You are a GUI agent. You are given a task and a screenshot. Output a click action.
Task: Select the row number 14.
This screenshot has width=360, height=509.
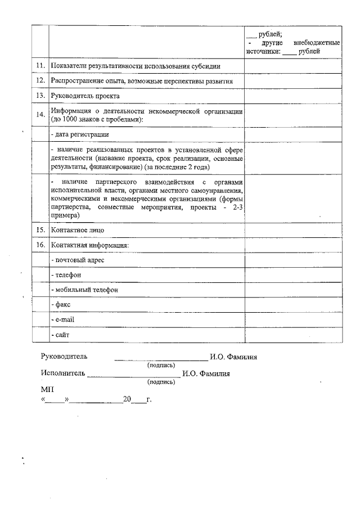pyautogui.click(x=40, y=115)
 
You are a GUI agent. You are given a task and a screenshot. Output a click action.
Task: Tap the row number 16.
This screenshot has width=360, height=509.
pyautogui.click(x=40, y=246)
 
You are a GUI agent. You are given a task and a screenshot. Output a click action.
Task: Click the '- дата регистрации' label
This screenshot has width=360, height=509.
pyautogui.click(x=79, y=135)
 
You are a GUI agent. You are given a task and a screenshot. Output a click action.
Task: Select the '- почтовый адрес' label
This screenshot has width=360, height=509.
pyautogui.click(x=77, y=260)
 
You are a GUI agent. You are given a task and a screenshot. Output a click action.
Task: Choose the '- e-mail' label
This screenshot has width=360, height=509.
pyautogui.click(x=62, y=319)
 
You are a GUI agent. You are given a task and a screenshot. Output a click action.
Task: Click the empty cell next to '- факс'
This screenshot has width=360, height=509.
pyautogui.click(x=292, y=305)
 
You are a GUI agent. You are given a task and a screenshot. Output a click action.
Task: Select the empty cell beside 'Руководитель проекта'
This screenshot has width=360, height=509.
pyautogui.click(x=292, y=96)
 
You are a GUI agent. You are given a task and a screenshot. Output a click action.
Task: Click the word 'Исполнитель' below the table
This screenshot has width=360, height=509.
pyautogui.click(x=63, y=373)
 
